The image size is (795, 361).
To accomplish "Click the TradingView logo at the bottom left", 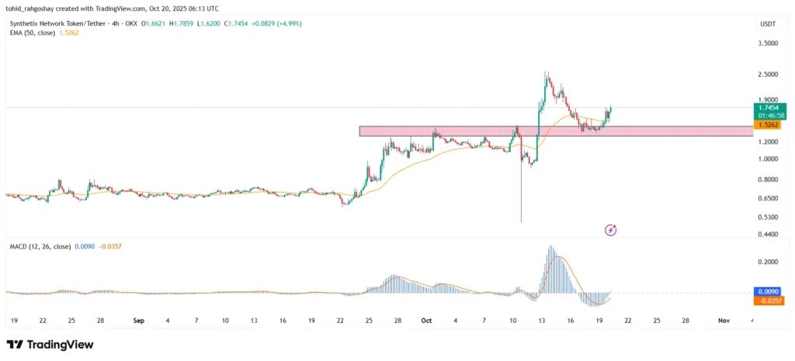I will coord(50,344).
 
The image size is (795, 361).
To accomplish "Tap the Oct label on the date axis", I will coord(425,320).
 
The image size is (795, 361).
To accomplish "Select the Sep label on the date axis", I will coord(139,320).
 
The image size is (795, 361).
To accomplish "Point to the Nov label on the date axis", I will coord(724,320).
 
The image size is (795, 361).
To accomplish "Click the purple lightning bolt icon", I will coord(610,230).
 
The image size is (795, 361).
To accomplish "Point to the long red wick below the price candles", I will coord(520,194).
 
